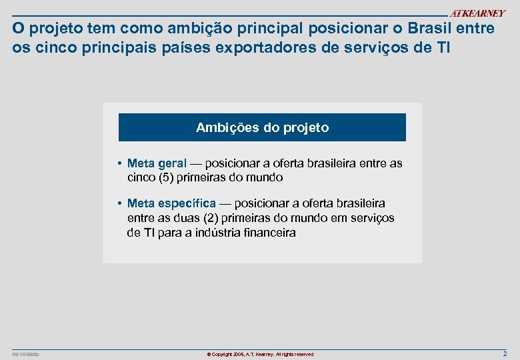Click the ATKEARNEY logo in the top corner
pyautogui.click(x=477, y=13)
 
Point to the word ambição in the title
pyautogui.click(x=180, y=29)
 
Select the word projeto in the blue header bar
pyautogui.click(x=307, y=127)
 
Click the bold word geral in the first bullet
pyautogui.click(x=172, y=163)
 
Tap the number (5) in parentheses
pyautogui.click(x=167, y=178)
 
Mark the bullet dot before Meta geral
pyautogui.click(x=117, y=163)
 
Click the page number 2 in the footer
pyautogui.click(x=505, y=353)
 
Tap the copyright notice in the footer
pyautogui.click(x=260, y=354)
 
